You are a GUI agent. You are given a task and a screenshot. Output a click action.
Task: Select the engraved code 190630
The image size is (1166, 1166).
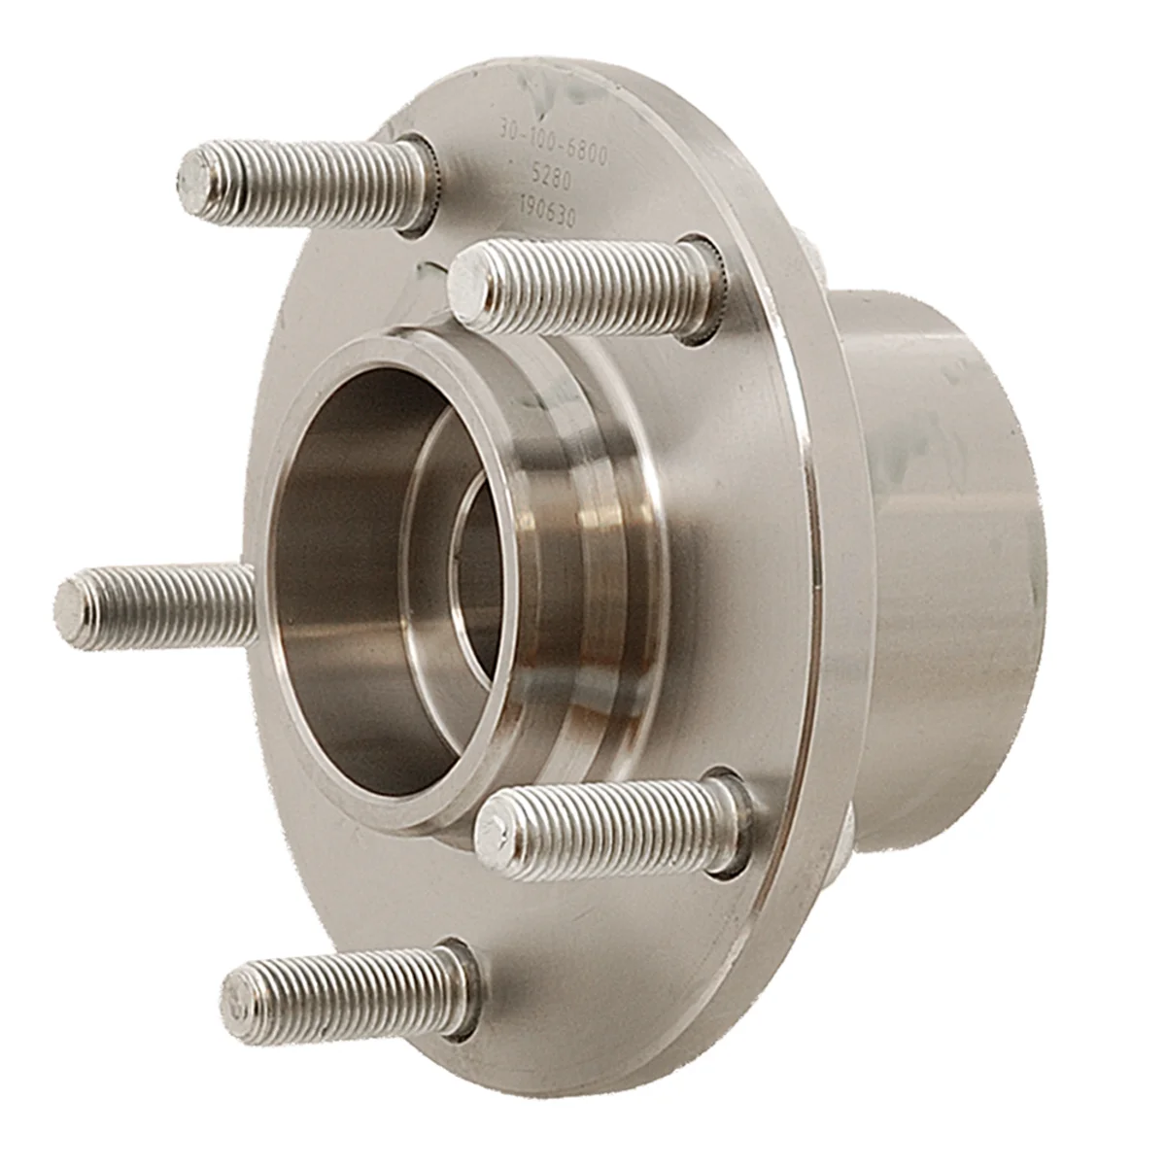tap(548, 218)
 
